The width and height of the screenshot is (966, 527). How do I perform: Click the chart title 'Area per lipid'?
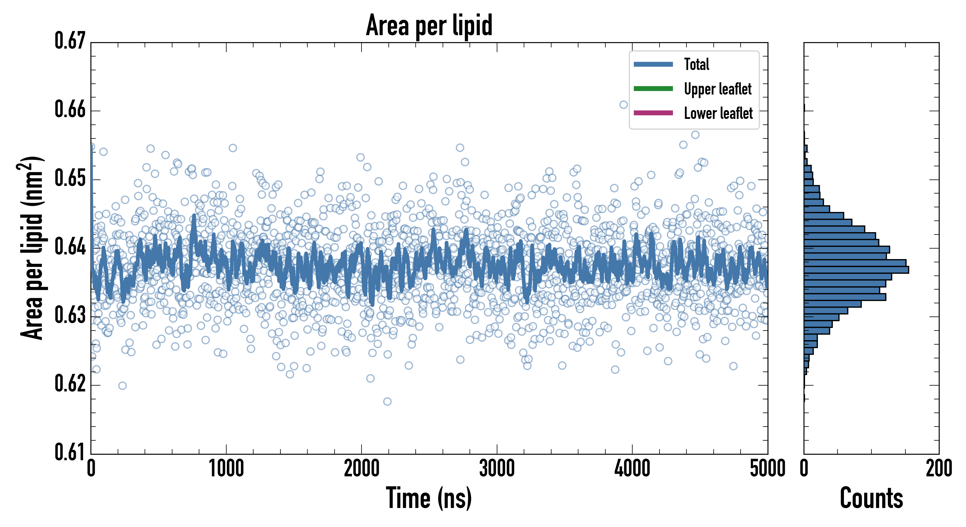pyautogui.click(x=429, y=25)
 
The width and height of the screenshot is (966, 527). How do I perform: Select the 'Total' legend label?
pyautogui.click(x=696, y=64)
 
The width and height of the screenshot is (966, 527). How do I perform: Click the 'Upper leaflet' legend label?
pyautogui.click(x=717, y=89)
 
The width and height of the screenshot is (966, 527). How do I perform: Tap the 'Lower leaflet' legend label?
pyautogui.click(x=718, y=113)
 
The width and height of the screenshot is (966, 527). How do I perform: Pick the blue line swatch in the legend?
pyautogui.click(x=653, y=64)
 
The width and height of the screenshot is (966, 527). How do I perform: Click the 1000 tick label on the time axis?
pyautogui.click(x=226, y=469)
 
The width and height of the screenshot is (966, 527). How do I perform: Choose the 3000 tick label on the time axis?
pyautogui.click(x=497, y=469)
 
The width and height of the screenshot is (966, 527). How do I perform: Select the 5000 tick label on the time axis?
pyautogui.click(x=767, y=469)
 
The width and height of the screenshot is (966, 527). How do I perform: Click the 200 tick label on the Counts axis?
pyautogui.click(x=938, y=469)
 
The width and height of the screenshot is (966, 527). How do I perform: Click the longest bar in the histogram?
pyautogui.click(x=856, y=270)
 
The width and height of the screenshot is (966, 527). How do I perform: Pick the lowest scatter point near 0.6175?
pyautogui.click(x=387, y=402)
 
